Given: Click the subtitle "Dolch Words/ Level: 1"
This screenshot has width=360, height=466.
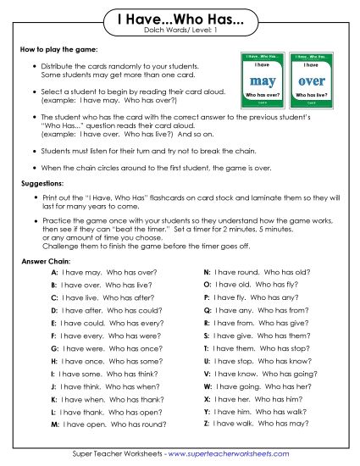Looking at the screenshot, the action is (180, 31).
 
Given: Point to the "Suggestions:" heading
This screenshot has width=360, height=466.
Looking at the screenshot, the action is (43, 183).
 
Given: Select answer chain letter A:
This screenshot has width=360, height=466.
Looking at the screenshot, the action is (54, 274).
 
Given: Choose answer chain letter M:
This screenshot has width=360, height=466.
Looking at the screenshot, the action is (55, 423).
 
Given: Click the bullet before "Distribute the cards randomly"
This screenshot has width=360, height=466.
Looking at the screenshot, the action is (32, 66).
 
